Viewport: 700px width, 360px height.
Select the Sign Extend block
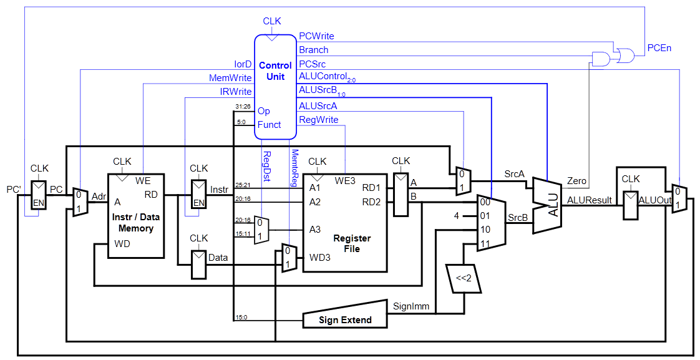(346, 320)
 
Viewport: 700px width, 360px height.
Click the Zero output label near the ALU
(576, 181)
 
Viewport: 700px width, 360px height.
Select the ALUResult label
(589, 200)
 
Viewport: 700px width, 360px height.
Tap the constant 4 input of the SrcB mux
(457, 216)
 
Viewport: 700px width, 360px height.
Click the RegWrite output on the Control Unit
(318, 119)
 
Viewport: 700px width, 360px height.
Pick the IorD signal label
(243, 64)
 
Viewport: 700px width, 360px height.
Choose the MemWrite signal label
(230, 78)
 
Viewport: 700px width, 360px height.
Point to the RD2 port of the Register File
(372, 201)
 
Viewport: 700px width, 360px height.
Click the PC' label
(13, 189)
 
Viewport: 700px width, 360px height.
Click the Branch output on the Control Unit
(313, 50)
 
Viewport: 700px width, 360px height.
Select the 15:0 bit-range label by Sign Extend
(241, 317)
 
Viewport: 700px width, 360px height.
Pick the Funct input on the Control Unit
(270, 125)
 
